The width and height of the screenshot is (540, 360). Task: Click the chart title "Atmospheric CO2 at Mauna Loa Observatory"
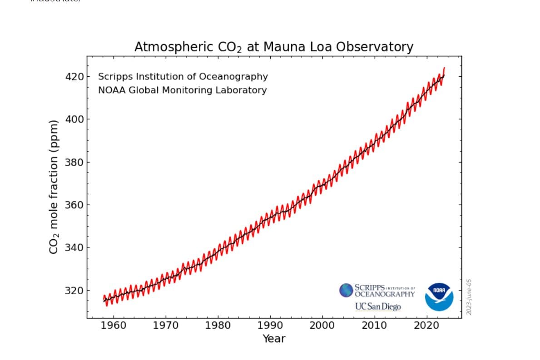pos(273,47)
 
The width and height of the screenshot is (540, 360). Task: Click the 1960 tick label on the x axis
pos(113,325)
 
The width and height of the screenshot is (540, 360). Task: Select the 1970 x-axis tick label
pos(165,325)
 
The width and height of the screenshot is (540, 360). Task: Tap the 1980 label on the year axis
pos(218,325)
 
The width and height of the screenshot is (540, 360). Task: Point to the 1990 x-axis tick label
pos(270,325)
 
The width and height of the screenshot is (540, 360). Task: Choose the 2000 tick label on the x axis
pos(322,325)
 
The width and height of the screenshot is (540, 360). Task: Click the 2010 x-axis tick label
pos(374,325)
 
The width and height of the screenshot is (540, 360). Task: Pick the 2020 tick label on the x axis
pos(426,325)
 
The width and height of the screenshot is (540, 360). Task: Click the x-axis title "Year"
pos(274,339)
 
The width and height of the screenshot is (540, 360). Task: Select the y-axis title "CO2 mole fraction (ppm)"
pos(54,187)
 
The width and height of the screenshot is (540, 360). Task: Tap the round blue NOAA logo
pos(439,297)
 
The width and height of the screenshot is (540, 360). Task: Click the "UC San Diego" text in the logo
pos(378,306)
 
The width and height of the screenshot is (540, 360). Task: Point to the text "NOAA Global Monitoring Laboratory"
pos(182,90)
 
